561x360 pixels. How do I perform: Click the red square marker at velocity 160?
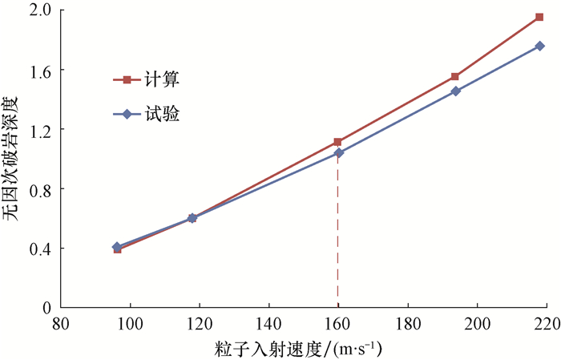pos(337,141)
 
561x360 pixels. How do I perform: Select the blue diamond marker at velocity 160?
pos(338,152)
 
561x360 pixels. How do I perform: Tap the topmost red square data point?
pos(539,17)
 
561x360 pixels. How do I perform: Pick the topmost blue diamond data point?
pos(540,46)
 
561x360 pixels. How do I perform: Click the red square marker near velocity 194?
pos(455,76)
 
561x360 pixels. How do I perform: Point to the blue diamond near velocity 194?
pos(455,91)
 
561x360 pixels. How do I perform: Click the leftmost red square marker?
pos(117,249)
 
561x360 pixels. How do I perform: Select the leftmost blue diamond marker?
pos(117,246)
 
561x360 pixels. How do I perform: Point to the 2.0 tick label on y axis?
pos(43,11)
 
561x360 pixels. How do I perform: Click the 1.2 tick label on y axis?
pos(43,130)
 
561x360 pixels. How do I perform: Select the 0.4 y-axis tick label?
pos(43,249)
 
